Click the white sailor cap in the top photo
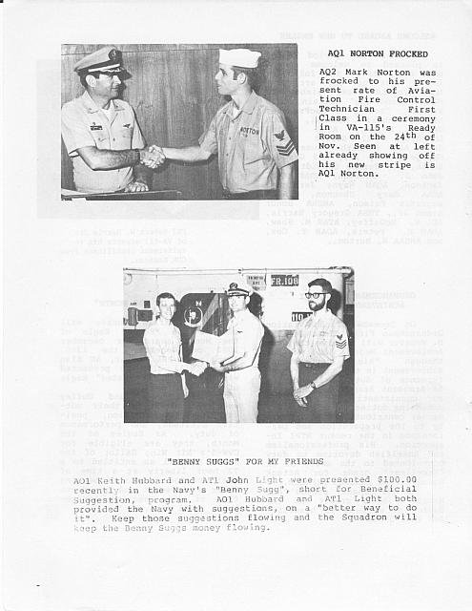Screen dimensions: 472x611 point(239,58)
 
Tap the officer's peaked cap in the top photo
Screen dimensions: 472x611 point(102,60)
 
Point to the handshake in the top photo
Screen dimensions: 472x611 point(153,156)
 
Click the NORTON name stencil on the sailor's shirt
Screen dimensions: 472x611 point(249,131)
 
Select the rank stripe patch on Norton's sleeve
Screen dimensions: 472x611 point(285,142)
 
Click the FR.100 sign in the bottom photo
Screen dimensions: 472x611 point(284,280)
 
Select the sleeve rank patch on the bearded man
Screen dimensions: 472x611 point(341,341)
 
